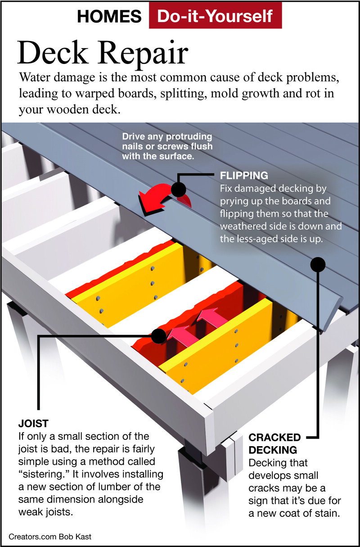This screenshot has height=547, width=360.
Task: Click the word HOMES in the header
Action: (x=109, y=17)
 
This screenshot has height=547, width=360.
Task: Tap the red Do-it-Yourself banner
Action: (x=215, y=15)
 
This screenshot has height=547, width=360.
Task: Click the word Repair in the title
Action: (x=144, y=54)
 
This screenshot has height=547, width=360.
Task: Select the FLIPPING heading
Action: (x=244, y=175)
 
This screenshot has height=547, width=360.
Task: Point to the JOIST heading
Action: (x=33, y=424)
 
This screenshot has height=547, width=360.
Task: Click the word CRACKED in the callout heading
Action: (x=274, y=437)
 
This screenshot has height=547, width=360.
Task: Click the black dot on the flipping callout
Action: (x=178, y=190)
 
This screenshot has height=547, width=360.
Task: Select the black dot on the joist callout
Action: (x=159, y=336)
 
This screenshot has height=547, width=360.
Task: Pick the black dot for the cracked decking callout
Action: (x=318, y=264)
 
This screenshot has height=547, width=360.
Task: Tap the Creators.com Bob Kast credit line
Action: (x=50, y=537)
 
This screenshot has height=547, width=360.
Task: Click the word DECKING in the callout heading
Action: (x=273, y=450)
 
